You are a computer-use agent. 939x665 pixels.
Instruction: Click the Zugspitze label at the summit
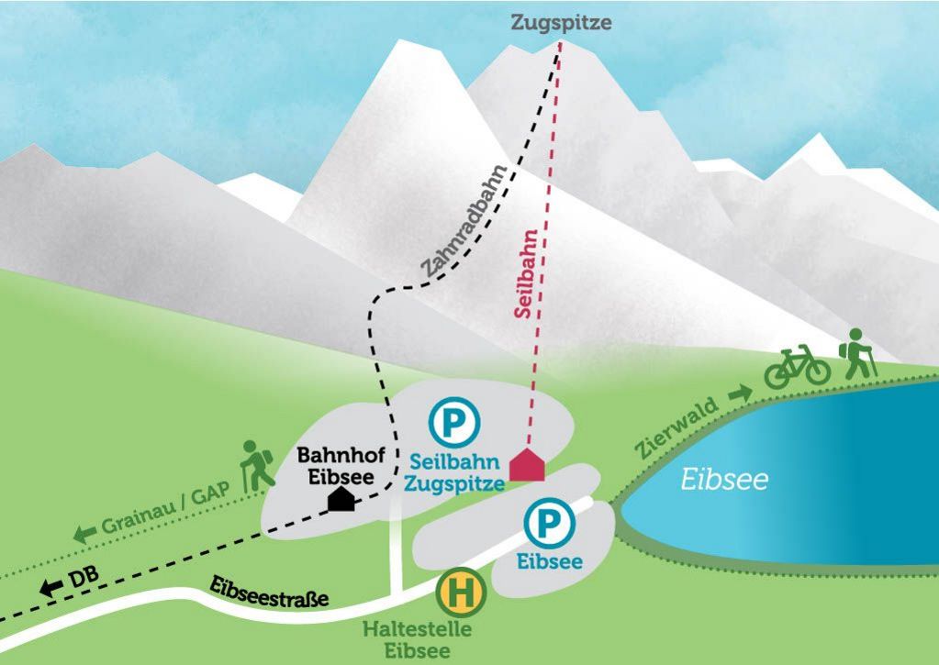561,23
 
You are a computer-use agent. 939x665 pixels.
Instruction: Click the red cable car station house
528,464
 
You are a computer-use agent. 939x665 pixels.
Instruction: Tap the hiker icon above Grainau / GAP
257,465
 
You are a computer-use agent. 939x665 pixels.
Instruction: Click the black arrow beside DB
48,587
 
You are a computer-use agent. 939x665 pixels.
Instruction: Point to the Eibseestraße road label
270,593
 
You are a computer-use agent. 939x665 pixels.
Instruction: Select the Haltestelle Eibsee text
418,640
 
